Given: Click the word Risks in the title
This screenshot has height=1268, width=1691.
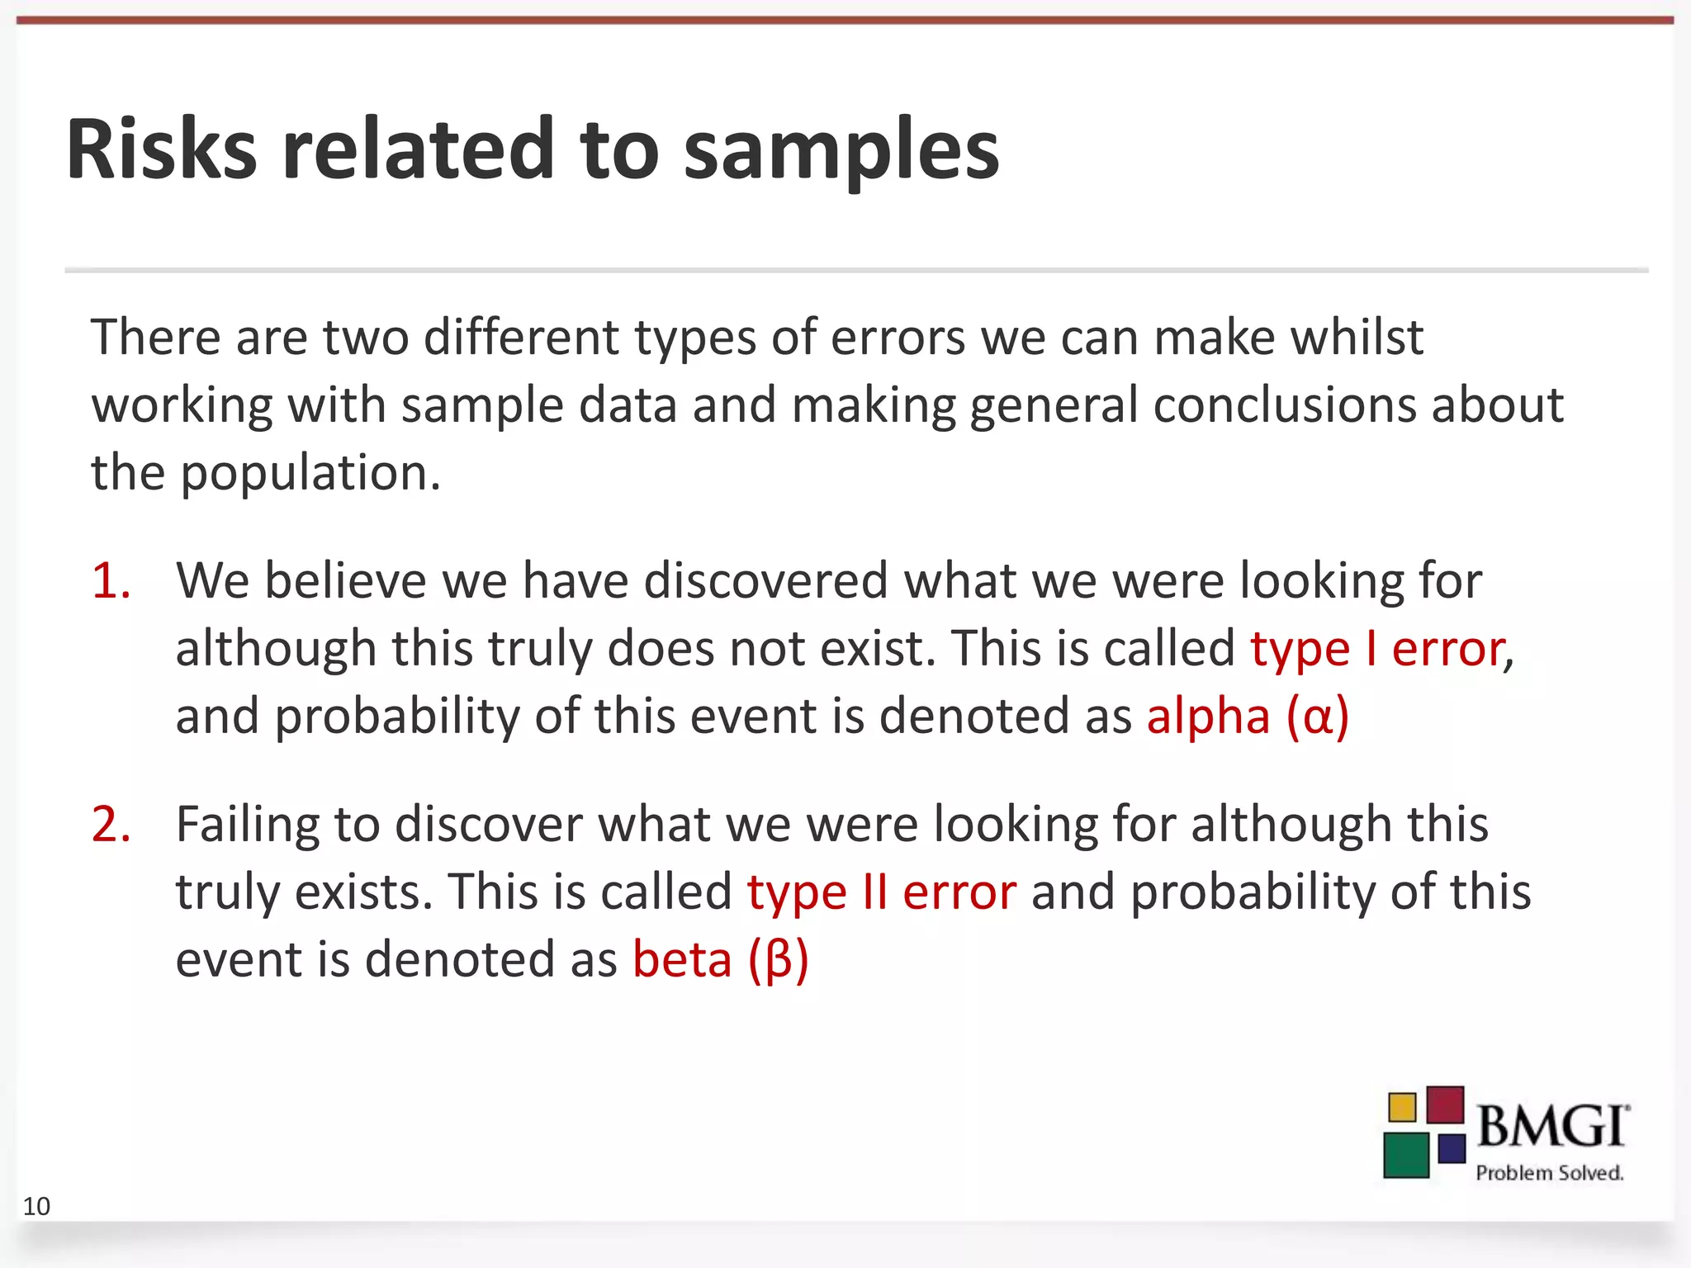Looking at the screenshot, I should click(162, 149).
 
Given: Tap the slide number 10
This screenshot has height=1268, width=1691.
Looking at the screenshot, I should click(36, 1206).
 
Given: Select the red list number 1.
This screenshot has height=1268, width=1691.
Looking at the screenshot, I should click(111, 580).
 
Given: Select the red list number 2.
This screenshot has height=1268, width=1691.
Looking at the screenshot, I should click(111, 824).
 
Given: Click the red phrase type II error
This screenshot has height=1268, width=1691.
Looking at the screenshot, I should click(881, 892).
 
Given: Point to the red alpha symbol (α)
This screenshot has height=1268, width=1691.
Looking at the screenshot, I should click(1318, 717).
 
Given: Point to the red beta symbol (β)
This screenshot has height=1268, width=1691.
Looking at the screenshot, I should click(779, 960).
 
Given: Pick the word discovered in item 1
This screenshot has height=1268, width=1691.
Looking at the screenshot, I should click(766, 580).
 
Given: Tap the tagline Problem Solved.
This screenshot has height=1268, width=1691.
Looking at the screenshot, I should click(1549, 1172).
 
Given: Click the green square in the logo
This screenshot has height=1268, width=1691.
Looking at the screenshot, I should click(1406, 1155).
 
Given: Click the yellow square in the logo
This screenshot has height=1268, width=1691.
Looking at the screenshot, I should click(1402, 1107).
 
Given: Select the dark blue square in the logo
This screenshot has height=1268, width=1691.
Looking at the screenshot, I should click(1452, 1148).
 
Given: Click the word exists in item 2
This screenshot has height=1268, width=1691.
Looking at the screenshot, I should click(363, 892).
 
